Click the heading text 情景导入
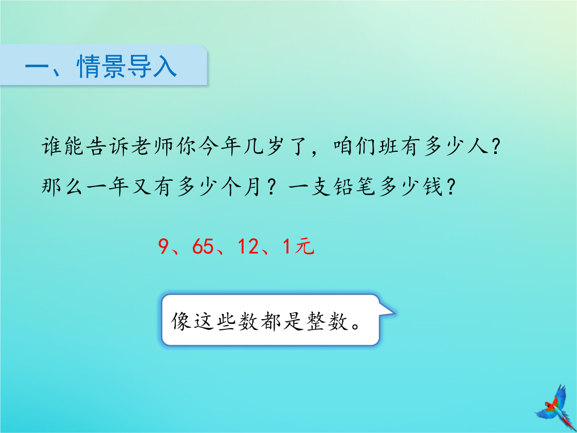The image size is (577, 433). pos(127,66)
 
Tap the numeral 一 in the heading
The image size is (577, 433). pos(37,67)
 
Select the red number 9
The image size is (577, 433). pos(163,246)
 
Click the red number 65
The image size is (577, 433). pos(203,246)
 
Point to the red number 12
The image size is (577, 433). pos(248,246)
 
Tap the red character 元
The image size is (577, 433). pos(305,246)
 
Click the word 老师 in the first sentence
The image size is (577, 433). pos(152,146)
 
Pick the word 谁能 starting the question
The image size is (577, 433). pos(62,146)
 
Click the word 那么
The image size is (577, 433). pos(62,187)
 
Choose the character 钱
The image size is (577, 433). pos(432,187)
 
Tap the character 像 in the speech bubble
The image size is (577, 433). pos(181,321)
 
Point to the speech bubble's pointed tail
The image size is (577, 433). pos(387,311)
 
